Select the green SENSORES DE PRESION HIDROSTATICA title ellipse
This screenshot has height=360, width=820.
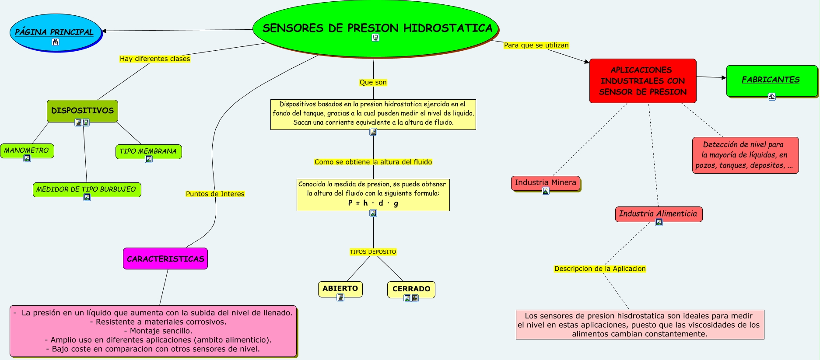[x=375, y=28]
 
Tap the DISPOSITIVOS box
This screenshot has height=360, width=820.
[x=82, y=110]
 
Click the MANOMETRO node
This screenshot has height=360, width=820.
[x=27, y=150]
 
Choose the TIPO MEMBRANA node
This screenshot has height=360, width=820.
[x=148, y=151]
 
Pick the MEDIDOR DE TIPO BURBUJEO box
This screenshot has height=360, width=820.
[x=87, y=189]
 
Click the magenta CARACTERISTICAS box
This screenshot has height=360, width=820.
[x=165, y=259]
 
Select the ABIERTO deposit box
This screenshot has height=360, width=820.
[x=340, y=288]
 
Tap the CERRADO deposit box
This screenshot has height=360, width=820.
[x=411, y=289]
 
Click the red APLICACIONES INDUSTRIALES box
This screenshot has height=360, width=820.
[x=642, y=81]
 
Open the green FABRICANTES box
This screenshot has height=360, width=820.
[x=771, y=80]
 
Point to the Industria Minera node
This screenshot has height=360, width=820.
[x=545, y=182]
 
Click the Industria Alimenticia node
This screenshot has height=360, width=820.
[x=658, y=214]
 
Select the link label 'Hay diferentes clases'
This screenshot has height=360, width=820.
[x=155, y=59]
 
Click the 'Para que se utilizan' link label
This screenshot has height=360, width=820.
[x=536, y=45]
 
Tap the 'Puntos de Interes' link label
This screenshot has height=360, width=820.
[x=215, y=194]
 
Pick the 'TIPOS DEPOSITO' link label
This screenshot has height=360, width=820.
[x=373, y=252]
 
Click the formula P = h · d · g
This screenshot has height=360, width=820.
[x=373, y=203]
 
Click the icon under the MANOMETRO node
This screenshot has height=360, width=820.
[x=27, y=158]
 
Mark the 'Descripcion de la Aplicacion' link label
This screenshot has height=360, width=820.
[x=599, y=269]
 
